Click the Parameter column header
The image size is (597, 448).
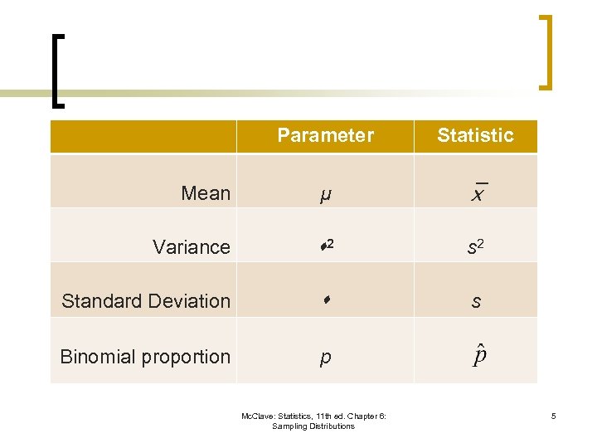pos(325,135)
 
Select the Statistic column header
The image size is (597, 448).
pos(475,135)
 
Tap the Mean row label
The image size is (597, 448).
pos(206,193)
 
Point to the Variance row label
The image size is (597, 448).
pos(192,247)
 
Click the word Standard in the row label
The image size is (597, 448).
pos(98,301)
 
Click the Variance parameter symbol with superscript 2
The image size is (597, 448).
pos(325,246)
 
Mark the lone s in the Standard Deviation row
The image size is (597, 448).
pos(475,302)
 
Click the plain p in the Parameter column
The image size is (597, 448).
pos(325,358)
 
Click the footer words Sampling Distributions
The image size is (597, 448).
pos(313,426)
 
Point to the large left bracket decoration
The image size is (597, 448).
pos(55,71)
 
